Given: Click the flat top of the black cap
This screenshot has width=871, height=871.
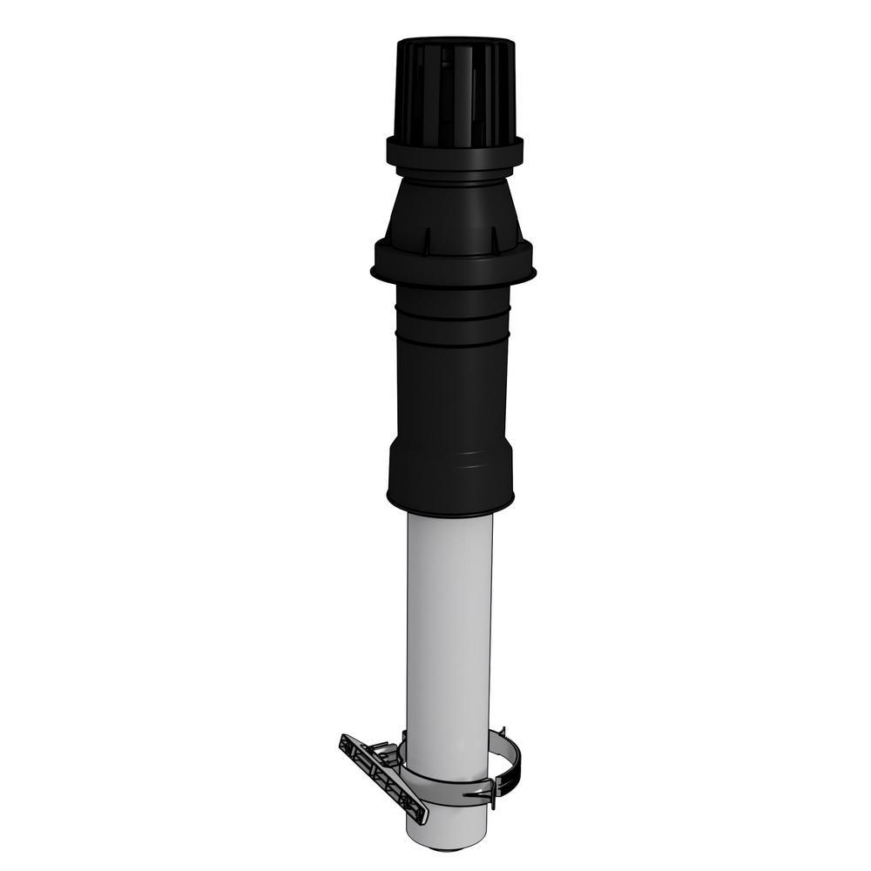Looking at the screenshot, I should tap(455, 41).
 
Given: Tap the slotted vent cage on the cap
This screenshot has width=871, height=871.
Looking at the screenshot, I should tap(455, 91).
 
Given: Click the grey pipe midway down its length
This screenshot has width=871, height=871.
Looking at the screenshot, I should tap(449, 627).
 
